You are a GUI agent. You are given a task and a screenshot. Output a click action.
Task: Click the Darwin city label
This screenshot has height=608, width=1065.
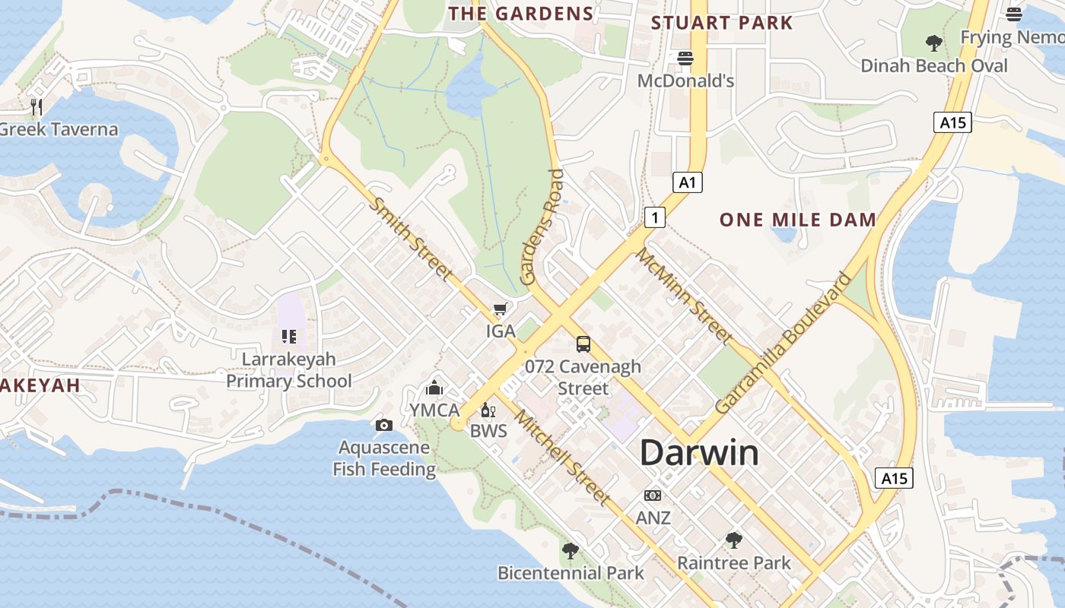click(698, 453)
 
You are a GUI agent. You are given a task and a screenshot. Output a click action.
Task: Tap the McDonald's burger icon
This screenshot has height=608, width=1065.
click(685, 59)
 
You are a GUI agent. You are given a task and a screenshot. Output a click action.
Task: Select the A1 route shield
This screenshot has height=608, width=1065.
click(687, 182)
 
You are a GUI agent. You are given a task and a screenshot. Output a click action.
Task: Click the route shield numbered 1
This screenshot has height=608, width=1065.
click(654, 217)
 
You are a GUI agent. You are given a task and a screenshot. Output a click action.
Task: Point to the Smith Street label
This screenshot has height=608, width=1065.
click(412, 239)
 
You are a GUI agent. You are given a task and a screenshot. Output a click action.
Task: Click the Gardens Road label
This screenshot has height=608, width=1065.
click(542, 227)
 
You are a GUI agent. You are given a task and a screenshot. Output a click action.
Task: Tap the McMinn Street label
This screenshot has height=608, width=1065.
click(685, 296)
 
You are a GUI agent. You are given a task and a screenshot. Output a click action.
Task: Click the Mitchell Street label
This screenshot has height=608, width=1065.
click(562, 458)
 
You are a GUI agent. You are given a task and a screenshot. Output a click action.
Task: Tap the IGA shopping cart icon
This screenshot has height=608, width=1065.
click(500, 309)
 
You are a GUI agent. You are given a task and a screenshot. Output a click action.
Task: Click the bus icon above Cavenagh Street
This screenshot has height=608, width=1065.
click(583, 344)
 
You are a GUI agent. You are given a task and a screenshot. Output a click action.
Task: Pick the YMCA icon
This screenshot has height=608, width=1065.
click(434, 388)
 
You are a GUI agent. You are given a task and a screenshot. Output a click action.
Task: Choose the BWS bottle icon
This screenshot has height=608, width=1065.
click(488, 410)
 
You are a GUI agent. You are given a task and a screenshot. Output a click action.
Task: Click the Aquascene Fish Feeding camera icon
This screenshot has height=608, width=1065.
click(384, 425)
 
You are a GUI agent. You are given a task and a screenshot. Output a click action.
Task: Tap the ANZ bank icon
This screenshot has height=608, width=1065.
click(653, 496)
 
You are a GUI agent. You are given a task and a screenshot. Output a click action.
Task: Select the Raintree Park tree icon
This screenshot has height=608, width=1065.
click(734, 540)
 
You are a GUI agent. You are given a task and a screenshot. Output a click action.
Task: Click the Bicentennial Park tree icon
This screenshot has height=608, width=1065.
click(570, 550)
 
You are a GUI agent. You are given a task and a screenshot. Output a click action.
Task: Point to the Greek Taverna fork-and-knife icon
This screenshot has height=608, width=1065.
click(36, 106)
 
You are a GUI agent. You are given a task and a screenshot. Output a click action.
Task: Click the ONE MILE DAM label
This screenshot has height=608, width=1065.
click(798, 220)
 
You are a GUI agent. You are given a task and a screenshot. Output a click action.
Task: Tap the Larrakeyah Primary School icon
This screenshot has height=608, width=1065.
click(289, 336)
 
